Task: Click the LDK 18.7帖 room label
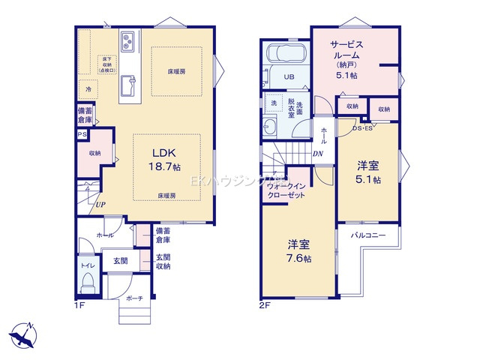click(x=166, y=157)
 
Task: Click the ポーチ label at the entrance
click(x=135, y=298)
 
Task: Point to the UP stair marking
click(x=100, y=203)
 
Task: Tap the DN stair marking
click(x=318, y=155)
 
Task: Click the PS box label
click(x=81, y=135)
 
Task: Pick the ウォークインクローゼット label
click(x=286, y=190)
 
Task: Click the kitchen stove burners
click(x=127, y=38)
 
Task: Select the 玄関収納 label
click(x=163, y=261)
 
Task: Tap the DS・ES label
click(x=364, y=129)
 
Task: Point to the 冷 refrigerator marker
click(x=88, y=89)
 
